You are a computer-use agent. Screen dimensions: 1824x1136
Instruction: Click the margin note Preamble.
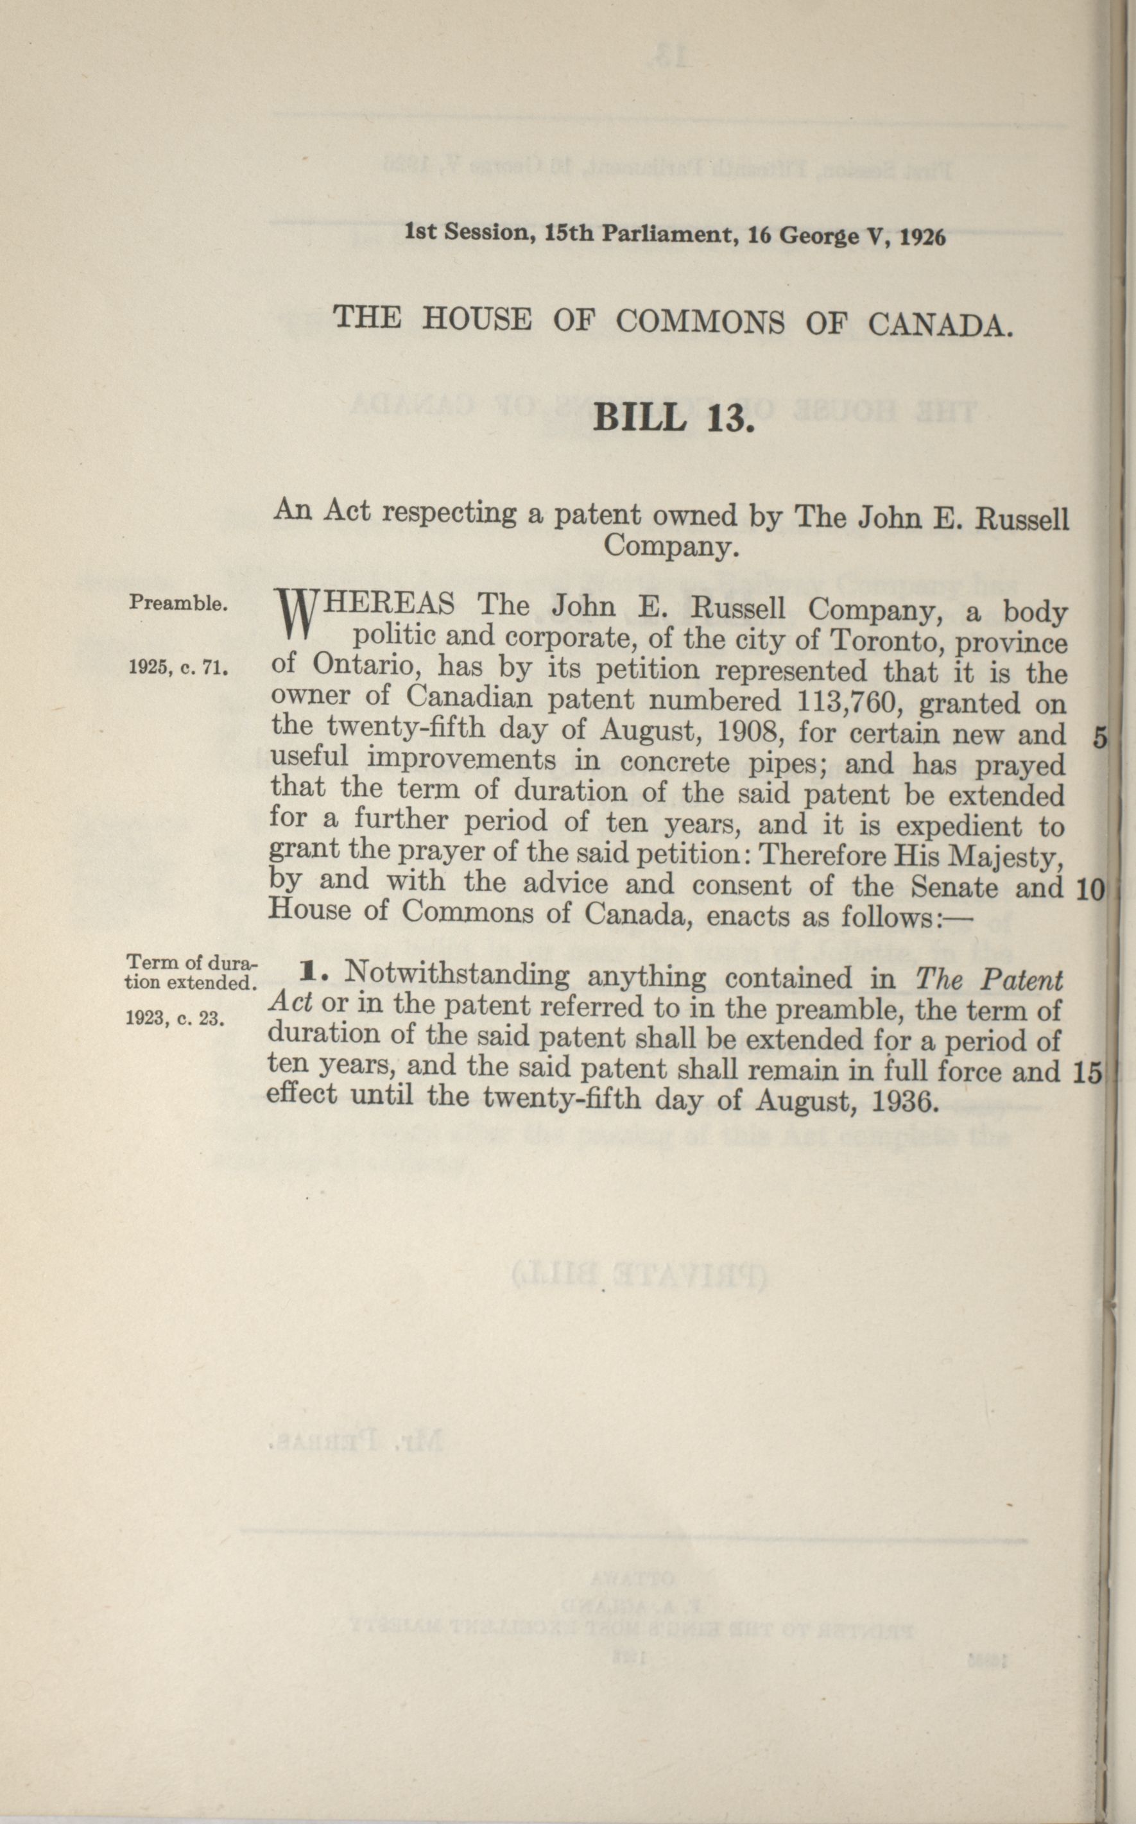[177, 603]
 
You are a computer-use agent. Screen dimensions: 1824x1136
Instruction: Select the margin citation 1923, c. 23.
[173, 1018]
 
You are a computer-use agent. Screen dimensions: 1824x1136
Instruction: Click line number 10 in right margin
[1089, 890]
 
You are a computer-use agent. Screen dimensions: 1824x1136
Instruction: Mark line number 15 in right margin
[1087, 1074]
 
